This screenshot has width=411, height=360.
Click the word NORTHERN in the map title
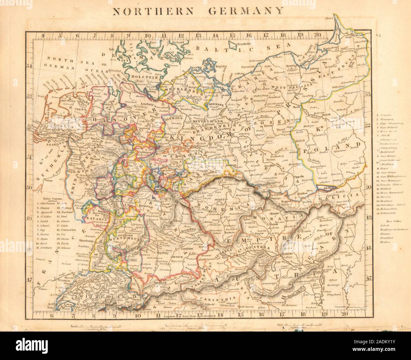tap(150, 11)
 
